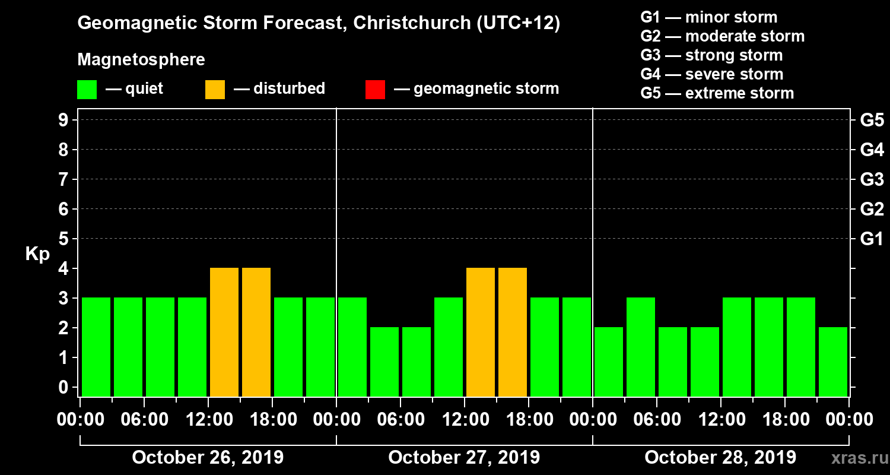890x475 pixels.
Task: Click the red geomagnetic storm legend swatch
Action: tap(375, 89)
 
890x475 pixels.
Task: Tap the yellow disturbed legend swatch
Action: tap(215, 89)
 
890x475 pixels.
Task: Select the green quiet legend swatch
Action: tap(87, 89)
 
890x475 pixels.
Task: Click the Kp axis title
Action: tap(37, 254)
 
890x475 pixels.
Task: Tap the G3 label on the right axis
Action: tap(872, 179)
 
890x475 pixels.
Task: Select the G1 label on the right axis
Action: tap(872, 239)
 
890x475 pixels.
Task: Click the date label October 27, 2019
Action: tap(464, 458)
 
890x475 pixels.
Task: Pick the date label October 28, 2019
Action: tap(720, 458)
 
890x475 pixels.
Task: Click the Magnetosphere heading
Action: tap(141, 60)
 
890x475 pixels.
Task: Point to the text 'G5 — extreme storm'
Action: tap(717, 93)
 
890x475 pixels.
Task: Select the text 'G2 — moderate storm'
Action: tap(722, 36)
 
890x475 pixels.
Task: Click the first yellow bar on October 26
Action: tap(224, 332)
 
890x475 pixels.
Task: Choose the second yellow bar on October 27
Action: tap(513, 332)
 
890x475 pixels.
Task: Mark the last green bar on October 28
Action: tap(833, 362)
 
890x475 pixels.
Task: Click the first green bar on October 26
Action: tap(96, 347)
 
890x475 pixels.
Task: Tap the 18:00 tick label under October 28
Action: tap(784, 420)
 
